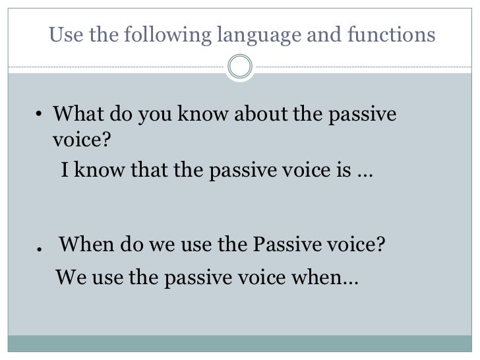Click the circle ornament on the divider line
tap(240, 67)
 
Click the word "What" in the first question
tap(75, 114)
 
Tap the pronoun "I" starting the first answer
tap(64, 171)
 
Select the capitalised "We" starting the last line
tap(70, 277)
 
